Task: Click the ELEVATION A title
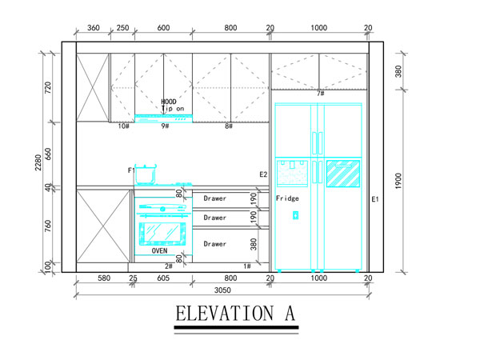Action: point(235,313)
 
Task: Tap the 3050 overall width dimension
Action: point(222,290)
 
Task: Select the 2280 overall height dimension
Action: point(38,162)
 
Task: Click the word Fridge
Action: point(287,198)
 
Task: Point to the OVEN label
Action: point(159,250)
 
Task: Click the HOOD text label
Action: point(169,102)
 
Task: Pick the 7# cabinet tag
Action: point(321,93)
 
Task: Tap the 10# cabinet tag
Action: point(124,126)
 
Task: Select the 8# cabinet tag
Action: point(229,126)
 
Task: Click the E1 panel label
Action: point(375,199)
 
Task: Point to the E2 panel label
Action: point(263,174)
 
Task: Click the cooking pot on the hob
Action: point(146,174)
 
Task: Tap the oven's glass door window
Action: point(162,234)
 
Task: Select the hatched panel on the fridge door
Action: point(343,174)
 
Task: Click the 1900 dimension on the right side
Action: point(398,181)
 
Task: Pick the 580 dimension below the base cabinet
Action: point(104,278)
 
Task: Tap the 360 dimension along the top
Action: point(94,28)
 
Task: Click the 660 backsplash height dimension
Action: point(48,154)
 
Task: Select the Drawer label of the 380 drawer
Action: point(215,244)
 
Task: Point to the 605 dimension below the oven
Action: point(163,278)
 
